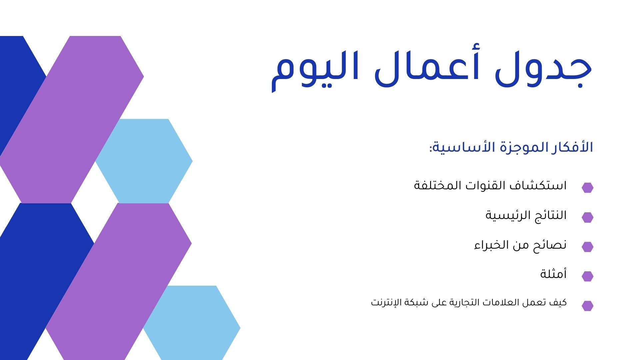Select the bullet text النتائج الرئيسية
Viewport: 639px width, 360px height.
[x=526, y=215]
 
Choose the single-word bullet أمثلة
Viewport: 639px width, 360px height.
[x=553, y=274]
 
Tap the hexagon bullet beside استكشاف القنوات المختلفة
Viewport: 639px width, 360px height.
[x=587, y=188]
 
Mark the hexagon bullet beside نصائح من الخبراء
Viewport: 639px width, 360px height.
[x=587, y=247]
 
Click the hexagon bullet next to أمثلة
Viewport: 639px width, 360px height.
[x=587, y=276]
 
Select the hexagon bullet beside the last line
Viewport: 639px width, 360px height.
[x=587, y=306]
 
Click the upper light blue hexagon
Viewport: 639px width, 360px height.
[x=144, y=161]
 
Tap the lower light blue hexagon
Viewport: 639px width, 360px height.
[x=192, y=323]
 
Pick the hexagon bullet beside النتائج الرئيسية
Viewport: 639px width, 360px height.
[x=587, y=217]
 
